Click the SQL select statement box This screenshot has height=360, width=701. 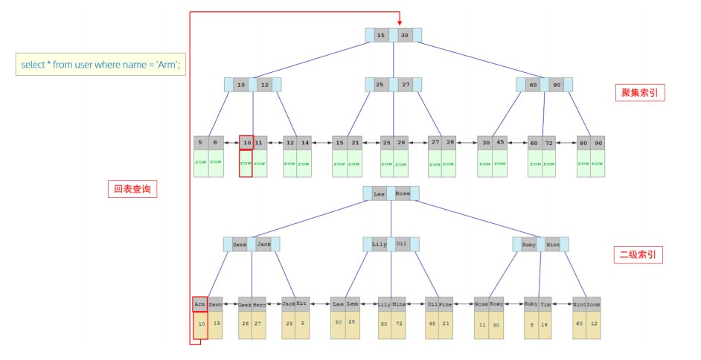[x=101, y=65]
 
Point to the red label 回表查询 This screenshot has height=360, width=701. [x=132, y=190]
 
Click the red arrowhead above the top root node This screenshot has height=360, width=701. [x=400, y=22]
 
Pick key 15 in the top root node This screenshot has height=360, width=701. [x=381, y=35]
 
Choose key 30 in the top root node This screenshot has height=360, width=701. [x=405, y=35]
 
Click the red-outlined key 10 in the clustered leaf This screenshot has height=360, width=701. [x=246, y=142]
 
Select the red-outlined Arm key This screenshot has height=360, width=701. [x=199, y=304]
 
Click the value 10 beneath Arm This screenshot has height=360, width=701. [x=200, y=325]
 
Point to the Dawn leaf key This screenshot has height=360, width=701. [x=215, y=304]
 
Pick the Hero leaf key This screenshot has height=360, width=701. [x=260, y=304]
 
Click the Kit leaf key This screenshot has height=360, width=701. [x=302, y=304]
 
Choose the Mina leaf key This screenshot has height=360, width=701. [x=399, y=304]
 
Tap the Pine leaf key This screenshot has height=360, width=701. [x=445, y=304]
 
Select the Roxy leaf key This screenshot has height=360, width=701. [x=497, y=304]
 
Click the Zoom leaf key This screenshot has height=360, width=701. [x=593, y=304]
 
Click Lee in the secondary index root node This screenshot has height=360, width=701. [x=380, y=194]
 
